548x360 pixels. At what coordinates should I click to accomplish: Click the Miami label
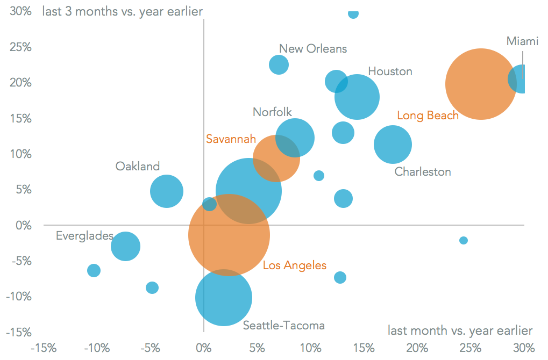(x=522, y=41)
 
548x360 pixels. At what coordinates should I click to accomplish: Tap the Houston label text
(x=390, y=71)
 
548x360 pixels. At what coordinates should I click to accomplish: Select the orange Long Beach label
(x=428, y=115)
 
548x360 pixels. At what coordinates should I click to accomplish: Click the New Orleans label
(x=313, y=49)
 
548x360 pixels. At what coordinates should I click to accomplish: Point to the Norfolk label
(x=272, y=112)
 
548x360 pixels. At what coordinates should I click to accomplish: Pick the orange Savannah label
(x=231, y=139)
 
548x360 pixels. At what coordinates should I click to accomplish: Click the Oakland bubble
(x=167, y=191)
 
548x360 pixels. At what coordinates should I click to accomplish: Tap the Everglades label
(x=84, y=236)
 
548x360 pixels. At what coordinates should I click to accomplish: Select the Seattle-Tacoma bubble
(x=223, y=298)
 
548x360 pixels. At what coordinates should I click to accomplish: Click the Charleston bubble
(x=393, y=144)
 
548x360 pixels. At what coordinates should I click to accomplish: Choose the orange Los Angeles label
(x=294, y=265)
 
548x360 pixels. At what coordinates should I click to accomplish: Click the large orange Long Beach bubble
(x=481, y=84)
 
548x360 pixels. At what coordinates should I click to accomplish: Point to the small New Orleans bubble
(x=279, y=64)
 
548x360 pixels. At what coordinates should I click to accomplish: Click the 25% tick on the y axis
(x=20, y=47)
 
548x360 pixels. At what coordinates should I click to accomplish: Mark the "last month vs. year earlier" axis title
(x=460, y=330)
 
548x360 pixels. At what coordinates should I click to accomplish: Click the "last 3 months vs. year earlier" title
(x=122, y=11)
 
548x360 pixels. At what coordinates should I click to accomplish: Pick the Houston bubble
(x=357, y=97)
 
